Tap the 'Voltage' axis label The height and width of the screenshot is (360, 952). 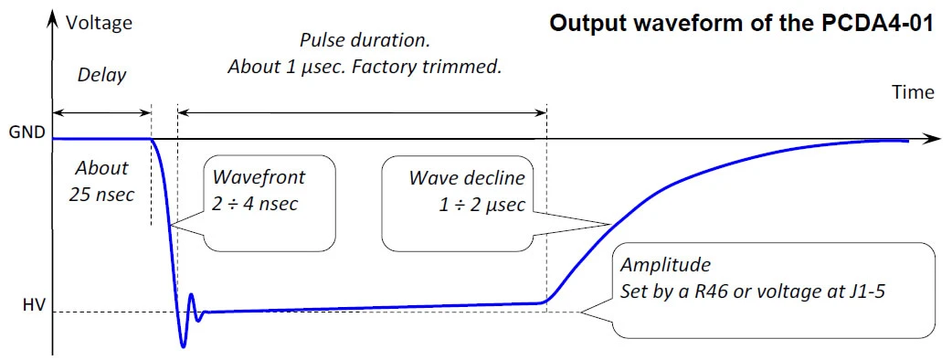[99, 23]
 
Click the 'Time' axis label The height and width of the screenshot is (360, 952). [913, 92]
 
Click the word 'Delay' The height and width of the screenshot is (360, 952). [101, 75]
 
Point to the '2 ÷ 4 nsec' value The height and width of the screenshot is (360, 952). [255, 204]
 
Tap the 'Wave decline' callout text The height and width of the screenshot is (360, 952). [467, 178]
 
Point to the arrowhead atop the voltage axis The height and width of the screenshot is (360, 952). [53, 18]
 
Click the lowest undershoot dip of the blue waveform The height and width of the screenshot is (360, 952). [184, 346]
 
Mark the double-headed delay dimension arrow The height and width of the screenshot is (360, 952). [101, 112]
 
